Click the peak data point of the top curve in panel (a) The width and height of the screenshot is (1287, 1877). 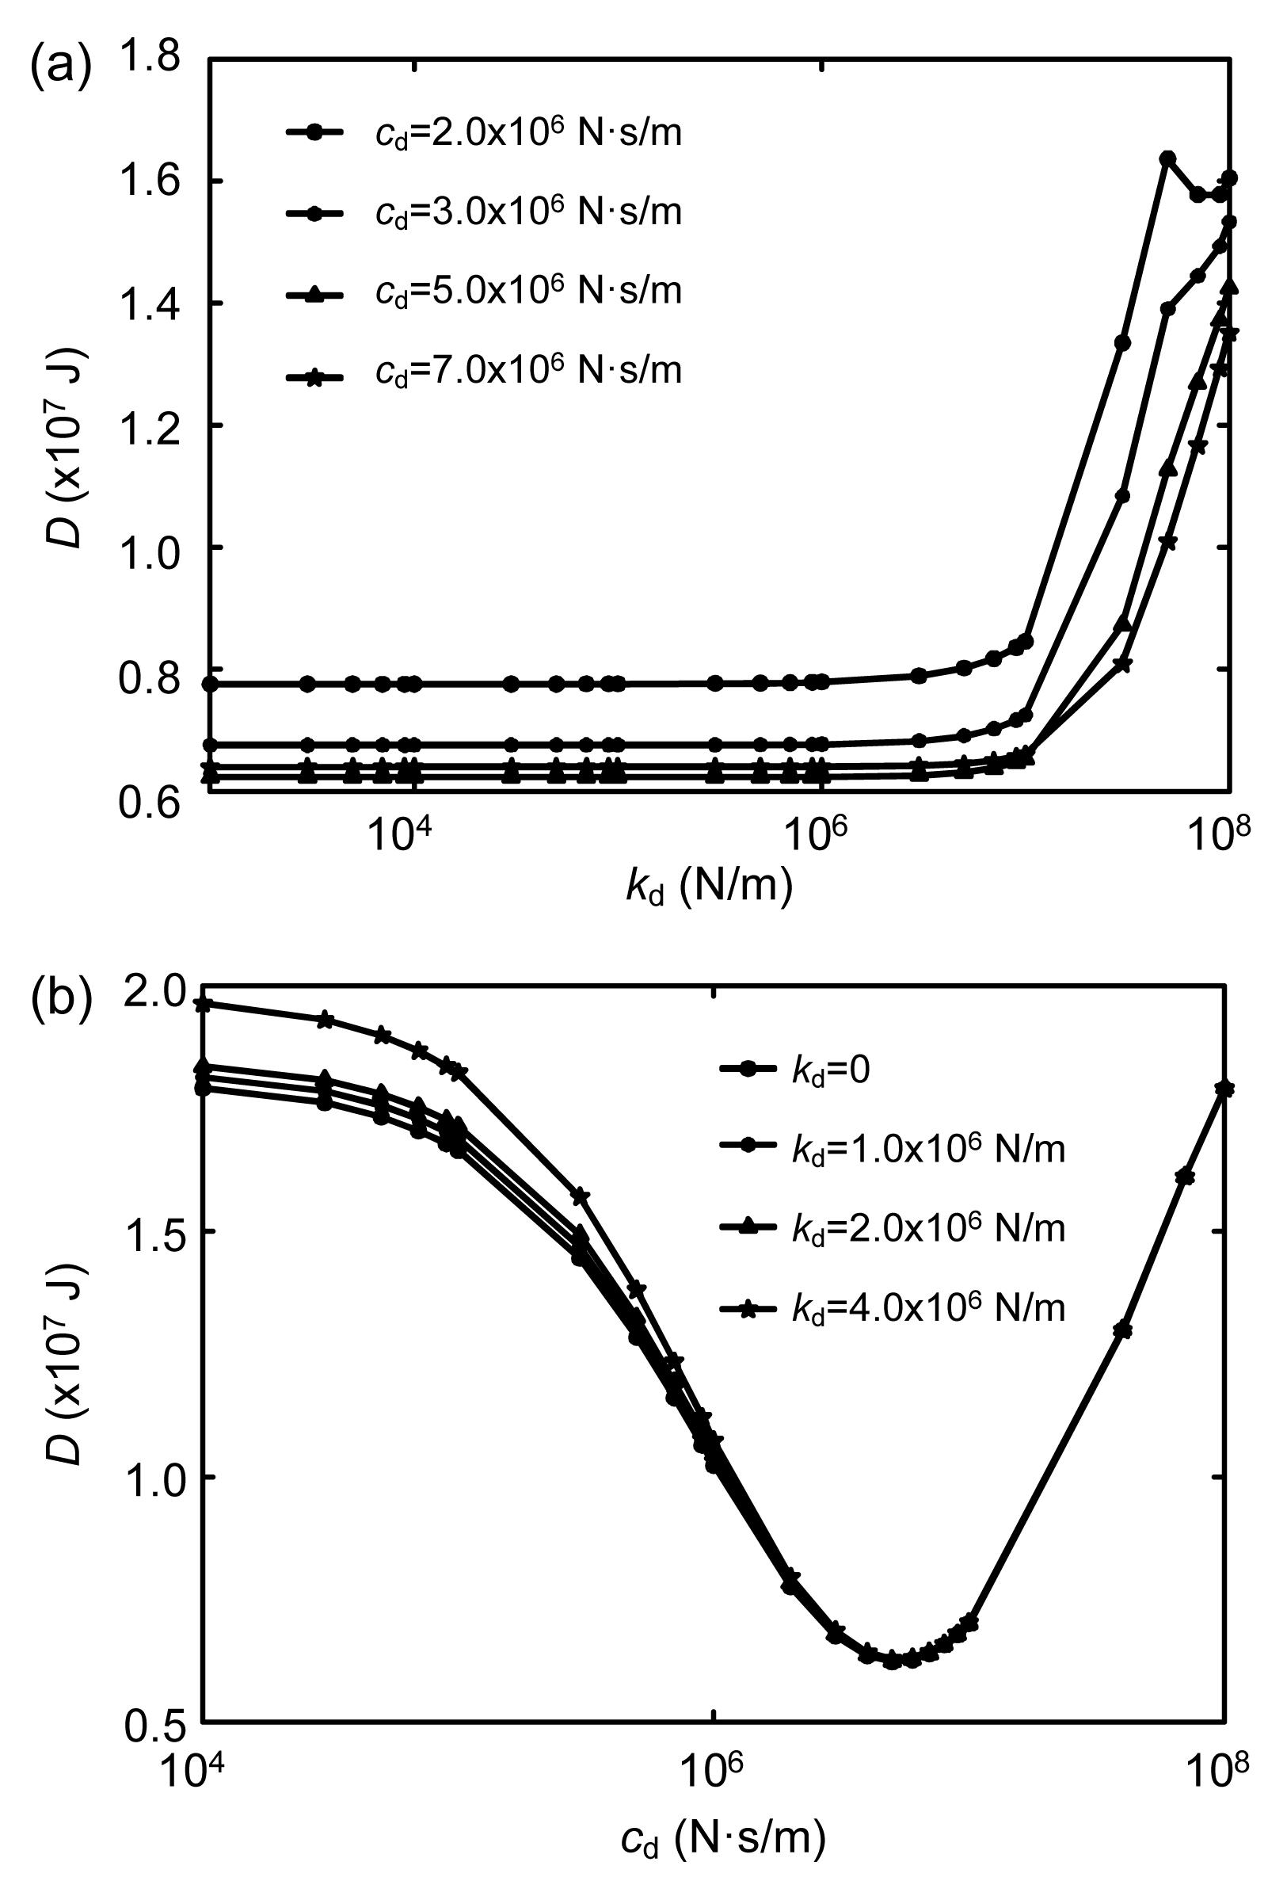pos(1167,158)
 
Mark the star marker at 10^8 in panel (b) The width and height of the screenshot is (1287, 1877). pos(1224,1088)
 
